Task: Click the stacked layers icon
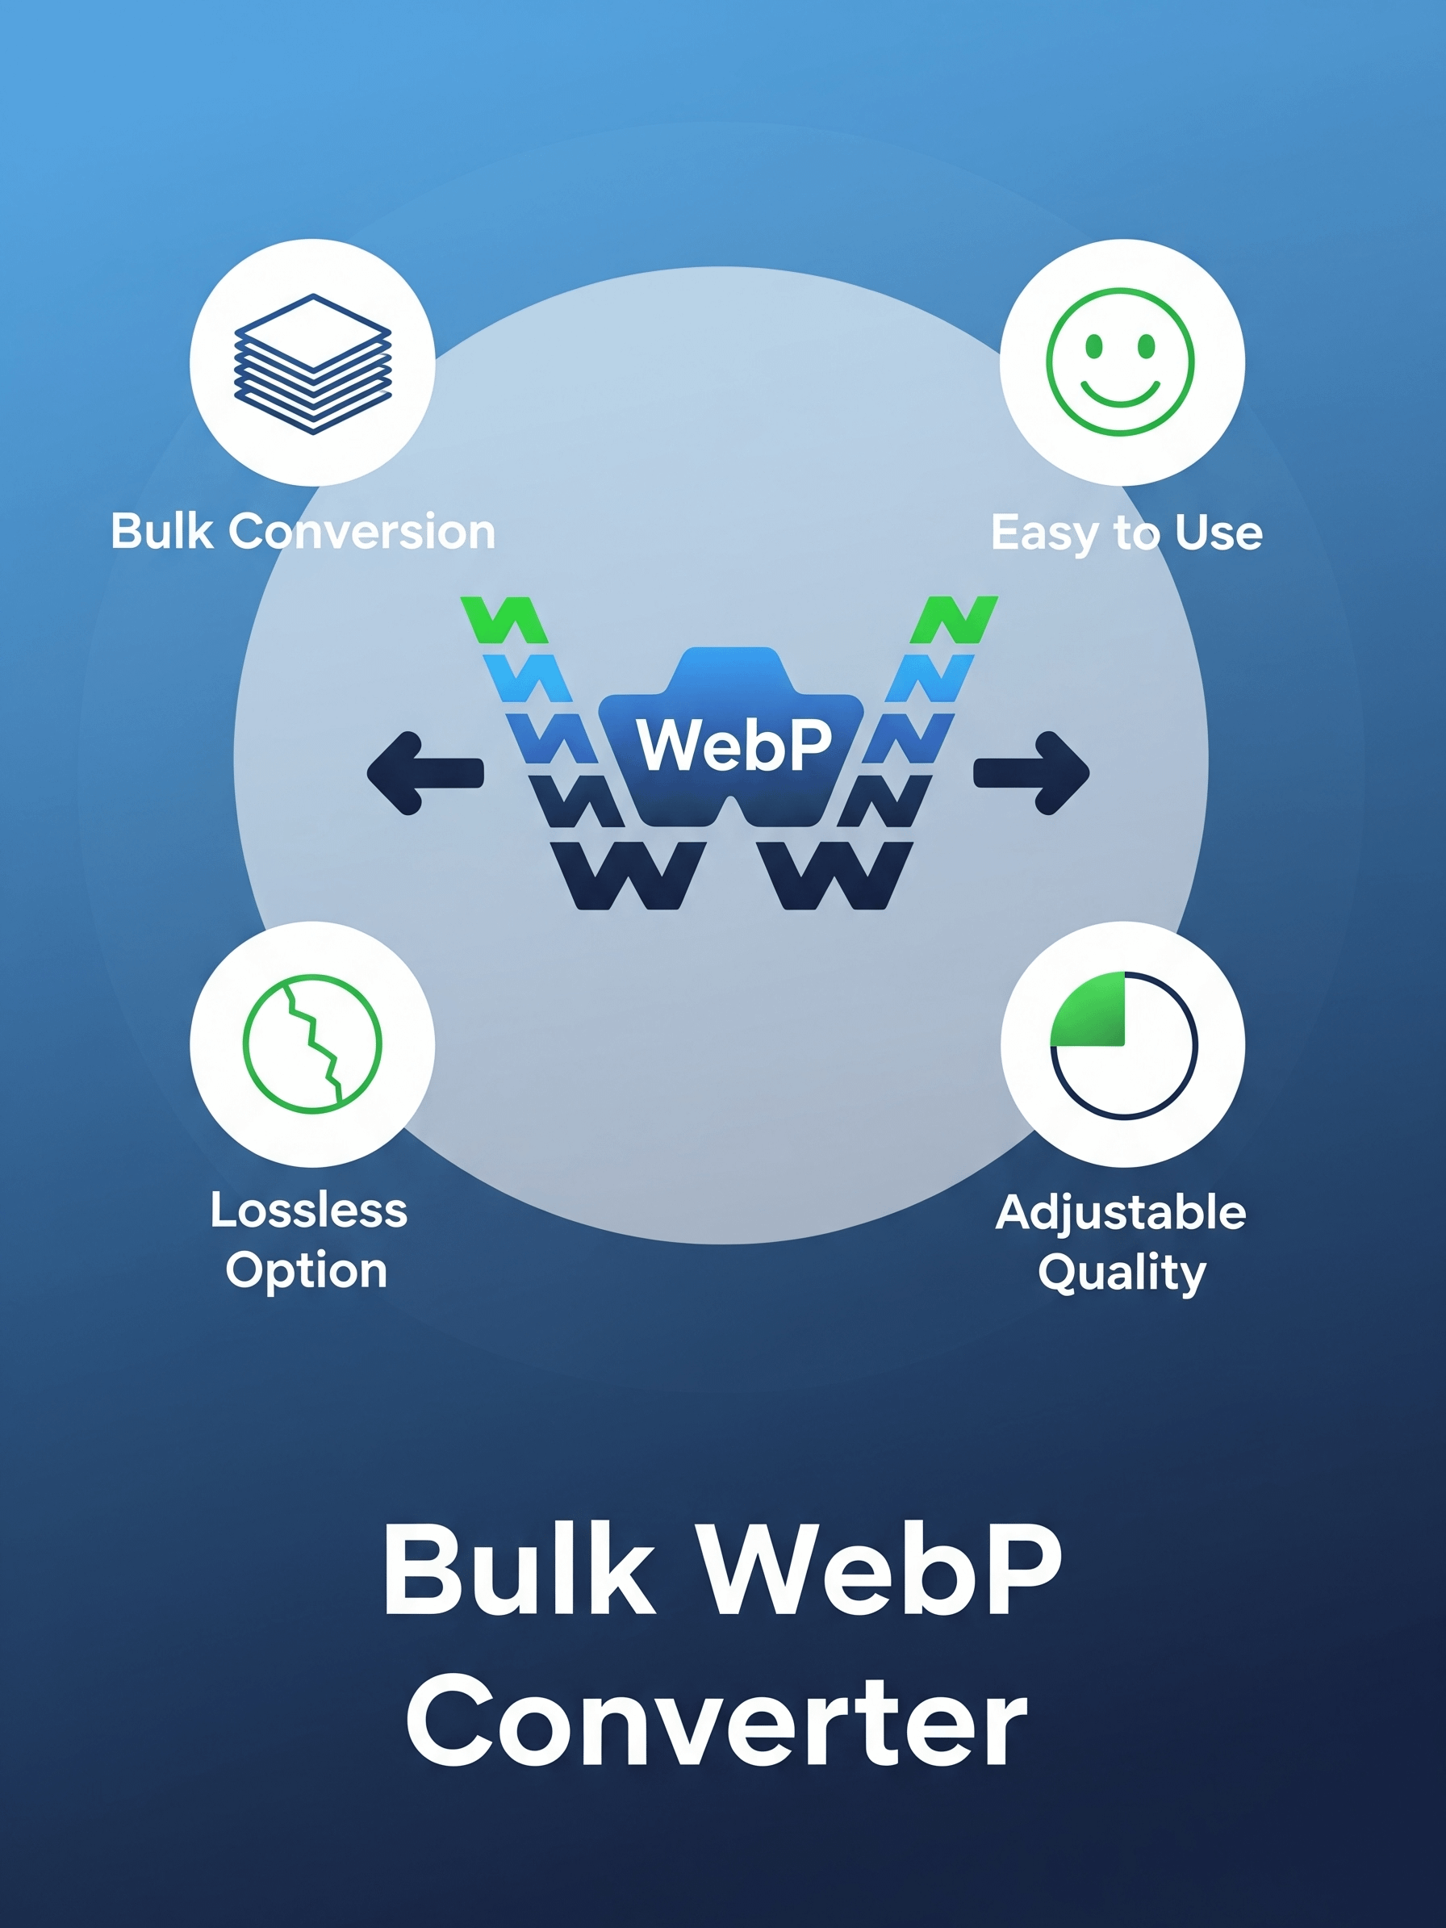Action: [313, 363]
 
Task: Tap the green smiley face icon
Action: [1120, 362]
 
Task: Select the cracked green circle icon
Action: [312, 1043]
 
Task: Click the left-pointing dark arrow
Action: [424, 772]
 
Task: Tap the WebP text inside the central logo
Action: [734, 745]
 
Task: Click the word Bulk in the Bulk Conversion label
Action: [162, 531]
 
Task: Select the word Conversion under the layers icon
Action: [361, 532]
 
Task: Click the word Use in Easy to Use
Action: [1218, 533]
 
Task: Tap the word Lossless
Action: [308, 1211]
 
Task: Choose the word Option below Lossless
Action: [306, 1270]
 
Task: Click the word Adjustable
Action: [1121, 1212]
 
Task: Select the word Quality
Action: [1122, 1273]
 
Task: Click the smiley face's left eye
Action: [1093, 347]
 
